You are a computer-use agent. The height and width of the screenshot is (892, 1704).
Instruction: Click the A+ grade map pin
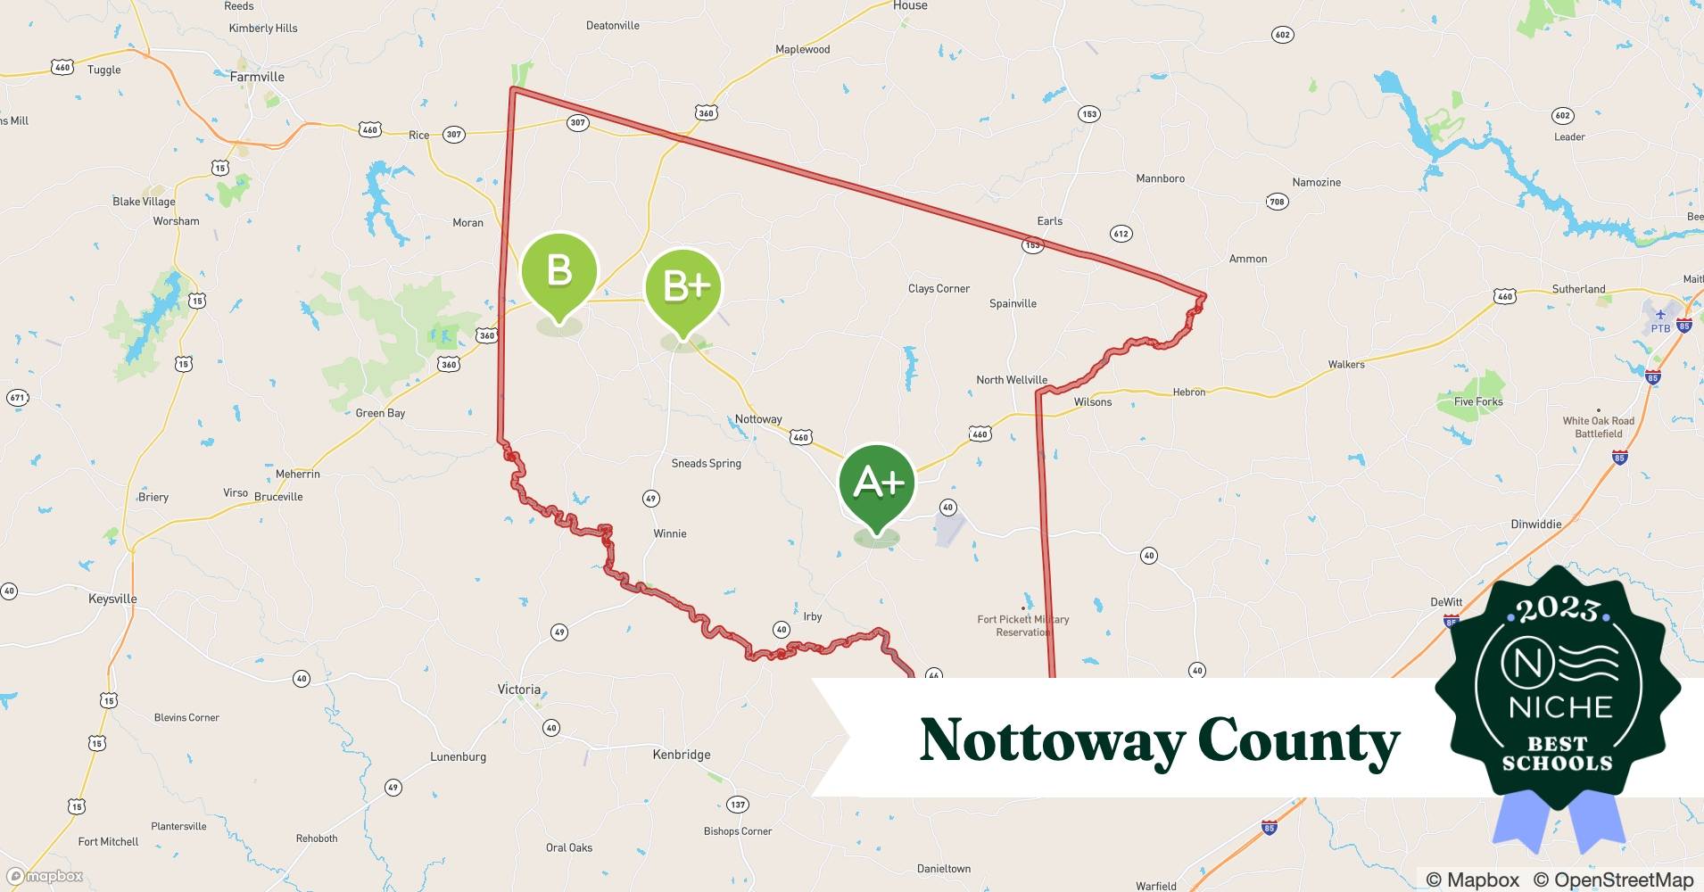tap(877, 484)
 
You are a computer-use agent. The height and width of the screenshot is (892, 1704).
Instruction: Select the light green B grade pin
tap(558, 270)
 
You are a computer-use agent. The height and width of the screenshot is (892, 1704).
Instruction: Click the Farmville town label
tap(257, 77)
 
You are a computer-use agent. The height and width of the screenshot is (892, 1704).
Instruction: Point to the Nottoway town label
tap(758, 419)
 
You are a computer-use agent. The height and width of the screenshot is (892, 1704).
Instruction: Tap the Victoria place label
tap(518, 690)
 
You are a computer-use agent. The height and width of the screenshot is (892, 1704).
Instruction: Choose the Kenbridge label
tap(682, 755)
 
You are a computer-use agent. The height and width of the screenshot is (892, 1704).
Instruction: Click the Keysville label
tap(112, 599)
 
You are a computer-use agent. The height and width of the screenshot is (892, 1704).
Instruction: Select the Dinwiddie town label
tap(1536, 524)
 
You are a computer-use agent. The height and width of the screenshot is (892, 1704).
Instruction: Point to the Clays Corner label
tap(939, 289)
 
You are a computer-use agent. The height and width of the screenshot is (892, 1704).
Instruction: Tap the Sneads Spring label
tap(706, 464)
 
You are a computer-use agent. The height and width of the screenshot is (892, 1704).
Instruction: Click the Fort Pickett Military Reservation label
tap(1022, 625)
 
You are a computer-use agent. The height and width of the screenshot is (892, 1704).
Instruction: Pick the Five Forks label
tap(1478, 401)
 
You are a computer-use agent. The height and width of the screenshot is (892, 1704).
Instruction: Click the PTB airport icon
tap(1660, 316)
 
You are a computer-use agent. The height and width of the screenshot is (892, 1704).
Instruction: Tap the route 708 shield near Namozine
tap(1277, 202)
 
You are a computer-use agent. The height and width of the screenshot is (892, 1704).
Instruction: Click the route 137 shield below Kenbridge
tap(737, 805)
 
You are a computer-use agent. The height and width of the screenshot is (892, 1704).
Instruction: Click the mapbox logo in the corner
tap(45, 876)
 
